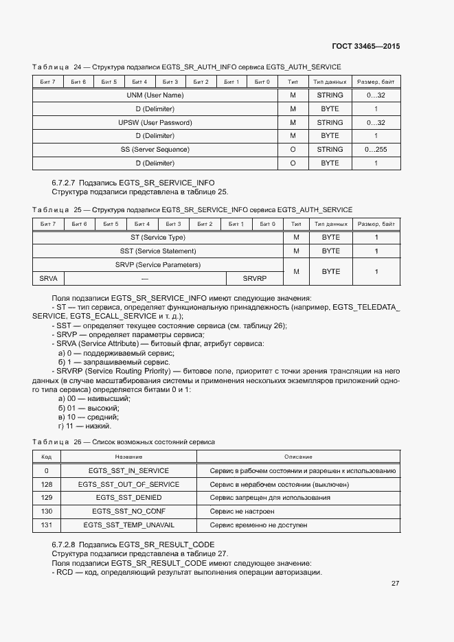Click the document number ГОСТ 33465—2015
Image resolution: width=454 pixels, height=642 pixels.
coord(366,46)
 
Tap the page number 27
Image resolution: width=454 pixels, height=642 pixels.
coord(395,583)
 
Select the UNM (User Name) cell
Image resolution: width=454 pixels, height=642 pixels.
coord(155,95)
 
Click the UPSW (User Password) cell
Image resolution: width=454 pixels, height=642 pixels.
coord(155,122)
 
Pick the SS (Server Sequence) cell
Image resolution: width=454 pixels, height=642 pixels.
coord(155,149)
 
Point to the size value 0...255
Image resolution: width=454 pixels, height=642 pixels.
coord(376,149)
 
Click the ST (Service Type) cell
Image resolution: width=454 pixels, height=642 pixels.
coord(158,238)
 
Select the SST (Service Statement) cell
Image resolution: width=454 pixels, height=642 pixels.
coord(158,251)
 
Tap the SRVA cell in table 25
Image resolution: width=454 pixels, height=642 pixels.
coord(48,278)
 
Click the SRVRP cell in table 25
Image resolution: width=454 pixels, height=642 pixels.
coord(255,278)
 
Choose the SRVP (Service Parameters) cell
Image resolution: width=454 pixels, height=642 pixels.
coord(158,264)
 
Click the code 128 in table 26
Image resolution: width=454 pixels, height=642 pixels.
coord(47,484)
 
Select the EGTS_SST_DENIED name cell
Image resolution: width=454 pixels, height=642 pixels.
coord(128,498)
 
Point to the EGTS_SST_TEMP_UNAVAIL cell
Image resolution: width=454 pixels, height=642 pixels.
coord(128,525)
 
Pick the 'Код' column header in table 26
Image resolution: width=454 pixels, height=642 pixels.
coord(47,457)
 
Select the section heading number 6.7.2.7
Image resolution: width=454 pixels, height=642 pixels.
coord(64,183)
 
